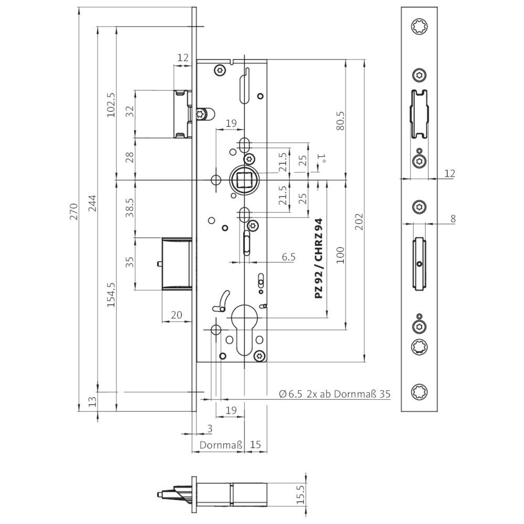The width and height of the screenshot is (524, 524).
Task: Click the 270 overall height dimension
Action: [x=74, y=211]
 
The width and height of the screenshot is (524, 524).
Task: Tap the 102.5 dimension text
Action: [x=111, y=104]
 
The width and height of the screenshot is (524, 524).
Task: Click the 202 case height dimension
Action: [x=359, y=220]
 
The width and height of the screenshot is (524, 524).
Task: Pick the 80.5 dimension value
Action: [x=339, y=120]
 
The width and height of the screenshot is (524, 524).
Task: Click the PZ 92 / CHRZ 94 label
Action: [x=319, y=259]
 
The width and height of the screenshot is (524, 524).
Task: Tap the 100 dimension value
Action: [x=340, y=255]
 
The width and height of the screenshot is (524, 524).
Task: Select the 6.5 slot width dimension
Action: [x=289, y=257]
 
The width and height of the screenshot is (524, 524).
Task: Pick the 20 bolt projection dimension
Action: [x=177, y=314]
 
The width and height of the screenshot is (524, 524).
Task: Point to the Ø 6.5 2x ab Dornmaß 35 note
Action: [x=334, y=394]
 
